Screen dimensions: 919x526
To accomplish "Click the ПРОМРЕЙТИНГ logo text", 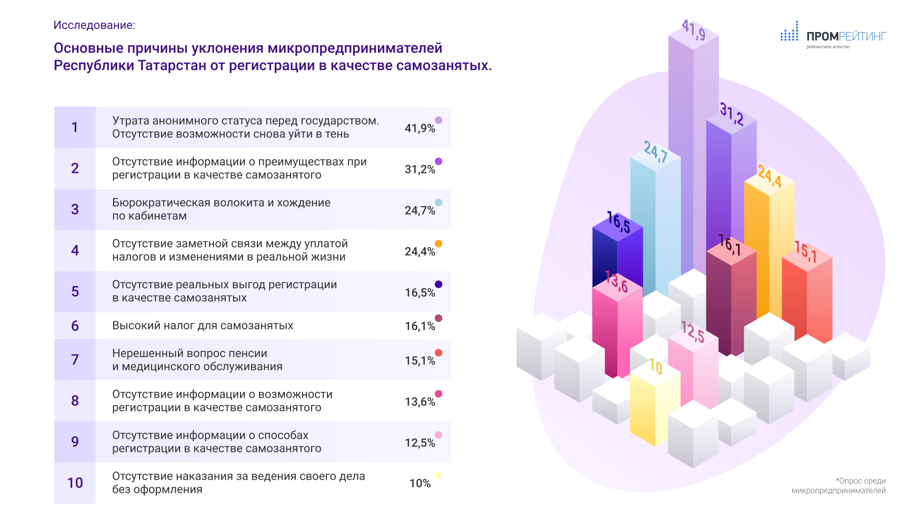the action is pyautogui.click(x=846, y=36).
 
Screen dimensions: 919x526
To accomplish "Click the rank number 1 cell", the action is pyautogui.click(x=75, y=127).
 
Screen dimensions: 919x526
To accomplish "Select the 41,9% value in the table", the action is pyautogui.click(x=419, y=128).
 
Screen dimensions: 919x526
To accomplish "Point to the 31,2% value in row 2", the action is pyautogui.click(x=419, y=169).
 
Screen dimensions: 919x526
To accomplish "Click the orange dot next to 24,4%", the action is pyautogui.click(x=438, y=244).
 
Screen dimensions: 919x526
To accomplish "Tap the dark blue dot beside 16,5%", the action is pyautogui.click(x=438, y=285).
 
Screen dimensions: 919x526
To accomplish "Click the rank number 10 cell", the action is pyautogui.click(x=75, y=483).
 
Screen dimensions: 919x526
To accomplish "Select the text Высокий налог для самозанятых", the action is pyautogui.click(x=203, y=326).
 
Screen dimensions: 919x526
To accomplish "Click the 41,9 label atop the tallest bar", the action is pyautogui.click(x=694, y=30).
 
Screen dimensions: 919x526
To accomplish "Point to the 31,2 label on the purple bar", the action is pyautogui.click(x=732, y=114).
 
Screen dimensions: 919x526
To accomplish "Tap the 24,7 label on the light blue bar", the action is pyautogui.click(x=656, y=151).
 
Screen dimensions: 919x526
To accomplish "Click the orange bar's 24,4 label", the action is pyautogui.click(x=770, y=176).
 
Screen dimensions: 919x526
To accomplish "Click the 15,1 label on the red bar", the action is pyautogui.click(x=805, y=251).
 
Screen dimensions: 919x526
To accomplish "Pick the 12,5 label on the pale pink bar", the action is pyautogui.click(x=693, y=332).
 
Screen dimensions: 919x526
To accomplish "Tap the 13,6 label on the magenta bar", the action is pyautogui.click(x=616, y=281).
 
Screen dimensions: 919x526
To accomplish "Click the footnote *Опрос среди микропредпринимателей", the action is pyautogui.click(x=838, y=485).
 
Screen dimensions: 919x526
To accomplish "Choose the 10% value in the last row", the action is pyautogui.click(x=420, y=483).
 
